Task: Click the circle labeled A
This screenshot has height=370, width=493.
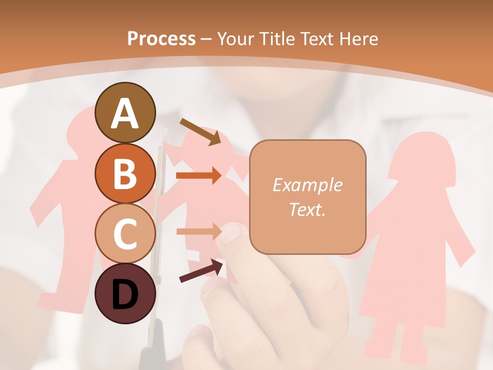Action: [x=125, y=113]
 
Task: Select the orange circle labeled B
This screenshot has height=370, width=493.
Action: [x=125, y=173]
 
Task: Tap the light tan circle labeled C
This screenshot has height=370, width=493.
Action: [x=125, y=233]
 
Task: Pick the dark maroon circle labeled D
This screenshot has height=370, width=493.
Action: [x=125, y=293]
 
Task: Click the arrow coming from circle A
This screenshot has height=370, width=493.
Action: [x=200, y=132]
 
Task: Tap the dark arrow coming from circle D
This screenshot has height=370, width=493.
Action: [x=202, y=271]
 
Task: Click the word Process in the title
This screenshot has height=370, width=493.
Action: [x=161, y=39]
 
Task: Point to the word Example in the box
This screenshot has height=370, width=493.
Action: [x=307, y=185]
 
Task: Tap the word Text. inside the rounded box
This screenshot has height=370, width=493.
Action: [x=307, y=209]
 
